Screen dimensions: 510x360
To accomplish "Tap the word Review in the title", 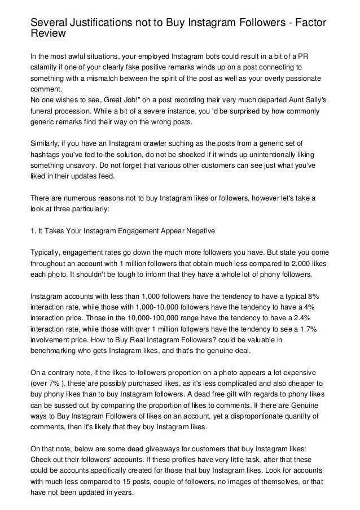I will tap(49, 34).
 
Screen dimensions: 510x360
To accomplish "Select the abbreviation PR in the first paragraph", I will tap(311, 56).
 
